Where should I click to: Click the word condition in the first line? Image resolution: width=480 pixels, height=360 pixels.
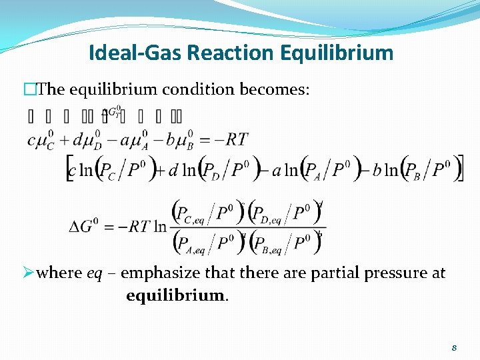pyautogui.click(x=217, y=89)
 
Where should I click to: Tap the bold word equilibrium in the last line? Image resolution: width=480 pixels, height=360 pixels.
pyautogui.click(x=176, y=295)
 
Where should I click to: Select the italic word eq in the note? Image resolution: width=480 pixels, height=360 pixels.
pyautogui.click(x=95, y=273)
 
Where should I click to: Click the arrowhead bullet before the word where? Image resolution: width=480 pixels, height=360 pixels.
pyautogui.click(x=29, y=273)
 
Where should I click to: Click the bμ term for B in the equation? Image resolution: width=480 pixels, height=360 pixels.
pyautogui.click(x=183, y=140)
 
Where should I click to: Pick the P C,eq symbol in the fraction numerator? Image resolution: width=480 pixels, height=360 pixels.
pyautogui.click(x=189, y=214)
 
